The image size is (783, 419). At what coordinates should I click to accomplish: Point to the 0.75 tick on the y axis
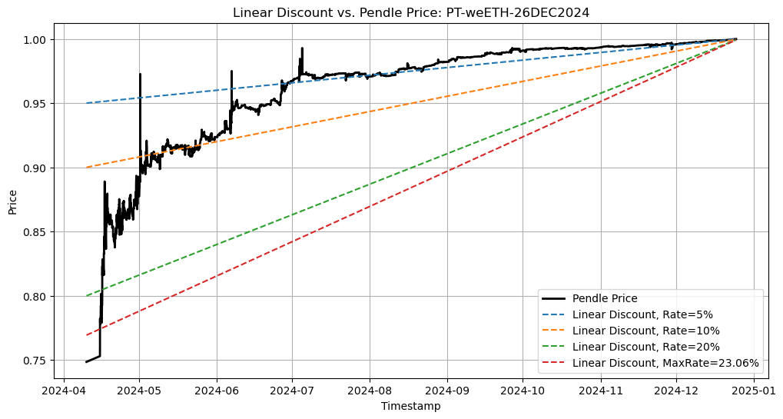[36, 361]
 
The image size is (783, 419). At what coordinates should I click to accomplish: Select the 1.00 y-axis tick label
[36, 39]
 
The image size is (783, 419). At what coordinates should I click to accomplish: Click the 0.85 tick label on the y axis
[36, 232]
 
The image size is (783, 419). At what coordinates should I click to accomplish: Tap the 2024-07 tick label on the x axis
[293, 390]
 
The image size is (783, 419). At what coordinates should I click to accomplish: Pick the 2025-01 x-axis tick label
[753, 390]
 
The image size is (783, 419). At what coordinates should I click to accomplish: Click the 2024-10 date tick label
[523, 390]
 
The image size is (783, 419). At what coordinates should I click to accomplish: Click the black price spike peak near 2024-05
[140, 75]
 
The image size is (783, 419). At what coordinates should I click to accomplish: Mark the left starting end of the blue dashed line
[86, 103]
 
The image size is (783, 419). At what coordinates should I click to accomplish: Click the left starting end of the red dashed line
[86, 334]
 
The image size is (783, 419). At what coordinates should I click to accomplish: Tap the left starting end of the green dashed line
[86, 296]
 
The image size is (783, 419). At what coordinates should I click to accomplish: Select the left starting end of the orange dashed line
[86, 167]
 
